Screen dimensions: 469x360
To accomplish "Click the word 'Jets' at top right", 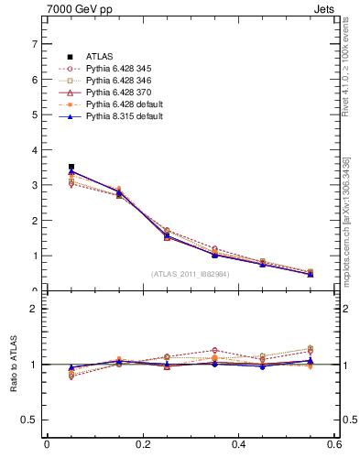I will pyautogui.click(x=327, y=11).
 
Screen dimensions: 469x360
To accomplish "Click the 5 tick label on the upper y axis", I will pyautogui.click(x=34, y=115).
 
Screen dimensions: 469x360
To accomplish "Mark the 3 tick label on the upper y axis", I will pyautogui.click(x=34, y=185).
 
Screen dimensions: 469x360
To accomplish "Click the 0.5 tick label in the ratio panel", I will pyautogui.click(x=30, y=420).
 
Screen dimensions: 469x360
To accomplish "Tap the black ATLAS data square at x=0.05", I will pyautogui.click(x=71, y=167).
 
